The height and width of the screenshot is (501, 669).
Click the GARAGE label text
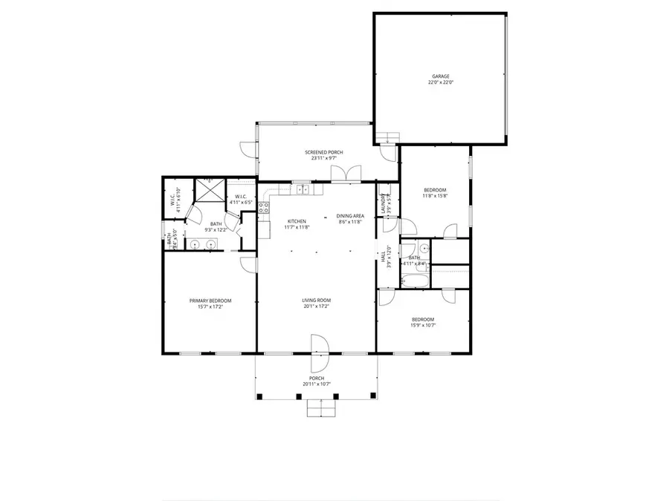(x=439, y=76)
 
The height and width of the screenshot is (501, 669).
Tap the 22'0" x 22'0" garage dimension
(x=439, y=83)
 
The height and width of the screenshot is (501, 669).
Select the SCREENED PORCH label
(x=323, y=152)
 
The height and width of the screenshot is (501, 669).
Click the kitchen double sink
(x=303, y=190)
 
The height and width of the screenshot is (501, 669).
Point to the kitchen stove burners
(x=263, y=209)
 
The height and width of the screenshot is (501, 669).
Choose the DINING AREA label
(x=349, y=216)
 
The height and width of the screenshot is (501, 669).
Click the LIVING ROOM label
(x=316, y=300)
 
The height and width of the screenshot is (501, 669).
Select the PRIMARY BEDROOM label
(x=210, y=300)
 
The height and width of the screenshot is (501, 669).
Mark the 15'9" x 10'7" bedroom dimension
(x=423, y=325)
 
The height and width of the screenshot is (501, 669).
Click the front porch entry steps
(x=318, y=408)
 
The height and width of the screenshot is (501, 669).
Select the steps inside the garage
(x=388, y=135)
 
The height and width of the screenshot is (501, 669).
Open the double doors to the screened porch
(x=346, y=174)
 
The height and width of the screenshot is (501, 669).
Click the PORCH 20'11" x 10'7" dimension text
(x=317, y=384)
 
